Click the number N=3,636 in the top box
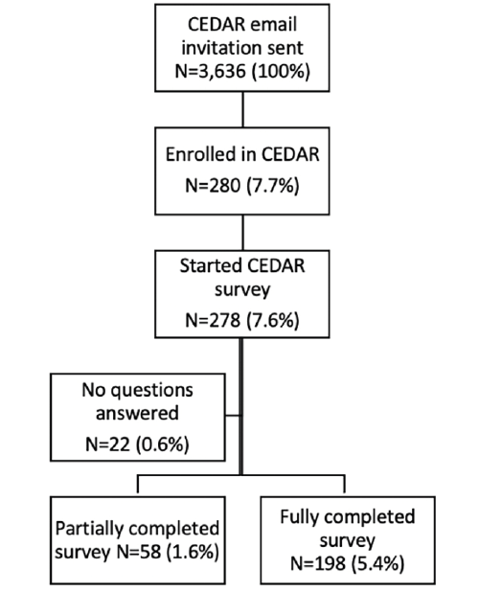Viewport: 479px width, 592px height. click(x=211, y=71)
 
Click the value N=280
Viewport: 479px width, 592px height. click(x=213, y=186)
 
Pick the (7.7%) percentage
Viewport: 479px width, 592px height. click(x=273, y=186)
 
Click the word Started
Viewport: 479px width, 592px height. click(x=208, y=265)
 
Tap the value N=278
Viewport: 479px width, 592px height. click(x=213, y=320)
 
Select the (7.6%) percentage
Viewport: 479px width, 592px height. click(x=273, y=320)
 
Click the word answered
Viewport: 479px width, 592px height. click(x=137, y=413)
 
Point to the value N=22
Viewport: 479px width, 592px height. click(x=108, y=444)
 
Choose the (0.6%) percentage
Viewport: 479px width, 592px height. click(x=163, y=444)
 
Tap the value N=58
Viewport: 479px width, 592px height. click(x=139, y=553)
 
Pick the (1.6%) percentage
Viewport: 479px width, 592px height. click(x=194, y=553)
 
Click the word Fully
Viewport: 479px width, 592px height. click(x=300, y=517)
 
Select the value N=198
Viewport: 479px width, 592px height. click(x=318, y=563)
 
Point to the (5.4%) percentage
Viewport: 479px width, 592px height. click(x=378, y=563)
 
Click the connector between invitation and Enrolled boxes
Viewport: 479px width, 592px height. click(x=242, y=109)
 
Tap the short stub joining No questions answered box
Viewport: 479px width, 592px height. click(x=233, y=416)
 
